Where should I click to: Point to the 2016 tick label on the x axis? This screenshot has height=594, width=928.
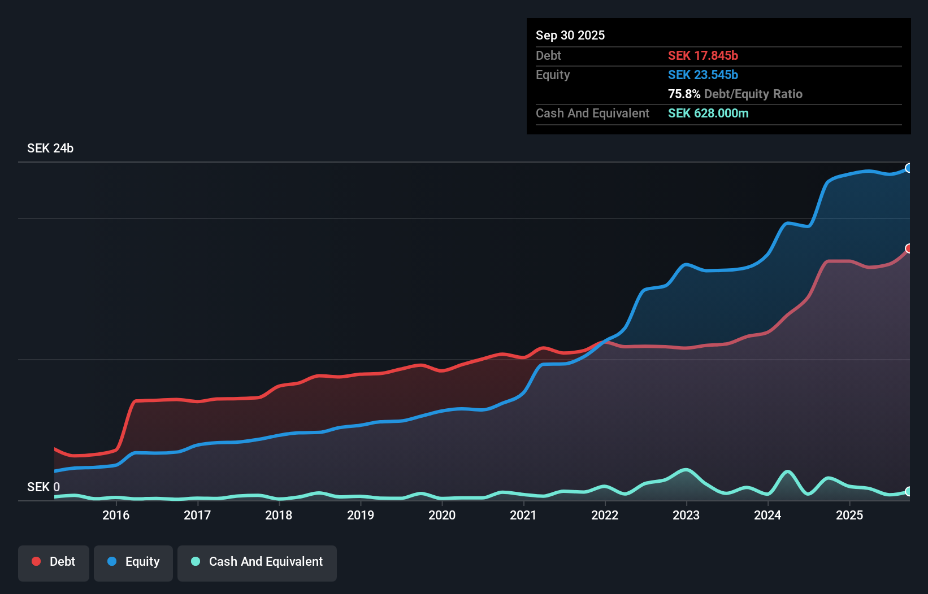point(116,515)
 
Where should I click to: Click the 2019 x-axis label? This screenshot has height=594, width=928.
point(361,515)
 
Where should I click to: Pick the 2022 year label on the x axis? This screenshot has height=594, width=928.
point(605,515)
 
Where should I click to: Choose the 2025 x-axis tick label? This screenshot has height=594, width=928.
point(849,515)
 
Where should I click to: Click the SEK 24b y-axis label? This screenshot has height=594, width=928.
point(50,148)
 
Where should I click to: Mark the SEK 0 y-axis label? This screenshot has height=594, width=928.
point(44,487)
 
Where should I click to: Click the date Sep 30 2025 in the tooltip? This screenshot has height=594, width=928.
point(570,35)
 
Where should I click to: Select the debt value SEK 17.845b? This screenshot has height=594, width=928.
point(703,55)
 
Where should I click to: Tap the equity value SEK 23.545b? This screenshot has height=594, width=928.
point(703,75)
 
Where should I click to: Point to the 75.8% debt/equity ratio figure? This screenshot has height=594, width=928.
point(684,94)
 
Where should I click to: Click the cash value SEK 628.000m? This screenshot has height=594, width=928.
point(708,113)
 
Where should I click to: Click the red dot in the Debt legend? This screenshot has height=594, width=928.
point(37,561)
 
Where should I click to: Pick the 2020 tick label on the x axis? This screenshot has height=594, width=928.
point(442,515)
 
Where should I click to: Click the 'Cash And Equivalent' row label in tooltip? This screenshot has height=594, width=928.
point(592,113)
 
